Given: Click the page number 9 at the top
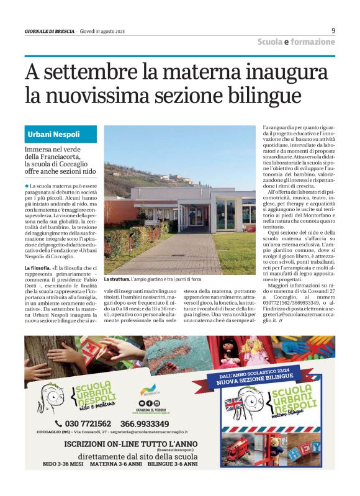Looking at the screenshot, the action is (x=333, y=30).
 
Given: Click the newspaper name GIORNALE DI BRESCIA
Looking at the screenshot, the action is (x=50, y=32).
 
